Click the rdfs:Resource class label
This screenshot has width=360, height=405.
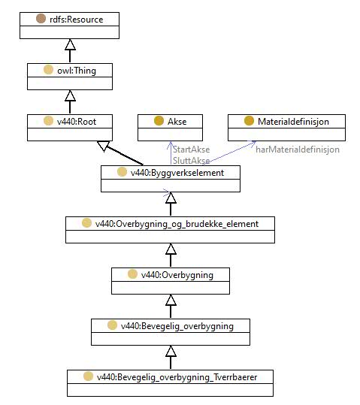(76, 20)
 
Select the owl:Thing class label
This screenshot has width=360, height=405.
(77, 71)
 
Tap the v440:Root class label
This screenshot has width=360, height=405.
(77, 122)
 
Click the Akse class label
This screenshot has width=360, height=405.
(177, 122)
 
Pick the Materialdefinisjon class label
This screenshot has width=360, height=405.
(293, 122)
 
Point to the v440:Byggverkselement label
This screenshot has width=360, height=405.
(177, 173)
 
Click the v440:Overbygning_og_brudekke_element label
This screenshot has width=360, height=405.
(177, 224)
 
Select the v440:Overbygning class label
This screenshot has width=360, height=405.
(177, 275)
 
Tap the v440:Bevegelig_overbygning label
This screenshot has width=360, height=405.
(177, 326)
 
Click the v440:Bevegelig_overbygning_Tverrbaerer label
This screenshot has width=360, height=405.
(177, 377)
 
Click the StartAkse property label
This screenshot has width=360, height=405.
(191, 150)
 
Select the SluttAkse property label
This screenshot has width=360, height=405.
(191, 161)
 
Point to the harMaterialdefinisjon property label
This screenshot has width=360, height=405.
(298, 150)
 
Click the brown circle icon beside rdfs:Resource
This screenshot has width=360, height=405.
(41, 19)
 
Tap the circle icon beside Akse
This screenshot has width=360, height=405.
(159, 121)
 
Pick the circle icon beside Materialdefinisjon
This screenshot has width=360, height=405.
(249, 121)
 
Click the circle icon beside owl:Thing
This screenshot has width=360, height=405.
(48, 70)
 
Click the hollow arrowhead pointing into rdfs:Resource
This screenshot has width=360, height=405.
(70, 44)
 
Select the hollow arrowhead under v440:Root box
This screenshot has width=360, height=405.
(103, 146)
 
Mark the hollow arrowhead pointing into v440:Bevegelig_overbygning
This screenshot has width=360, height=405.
(171, 351)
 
